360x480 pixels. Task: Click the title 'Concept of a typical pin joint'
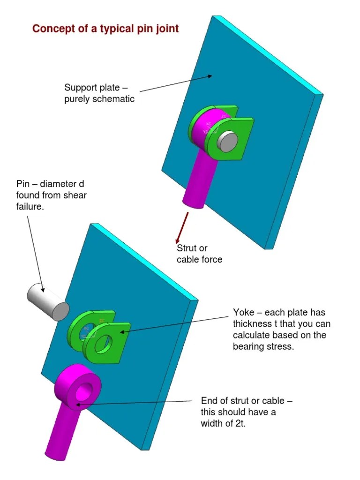coord(105,29)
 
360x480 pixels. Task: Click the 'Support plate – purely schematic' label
coord(99,93)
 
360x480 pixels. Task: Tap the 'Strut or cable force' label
coord(199,254)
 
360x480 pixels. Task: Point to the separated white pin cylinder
coord(47,301)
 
